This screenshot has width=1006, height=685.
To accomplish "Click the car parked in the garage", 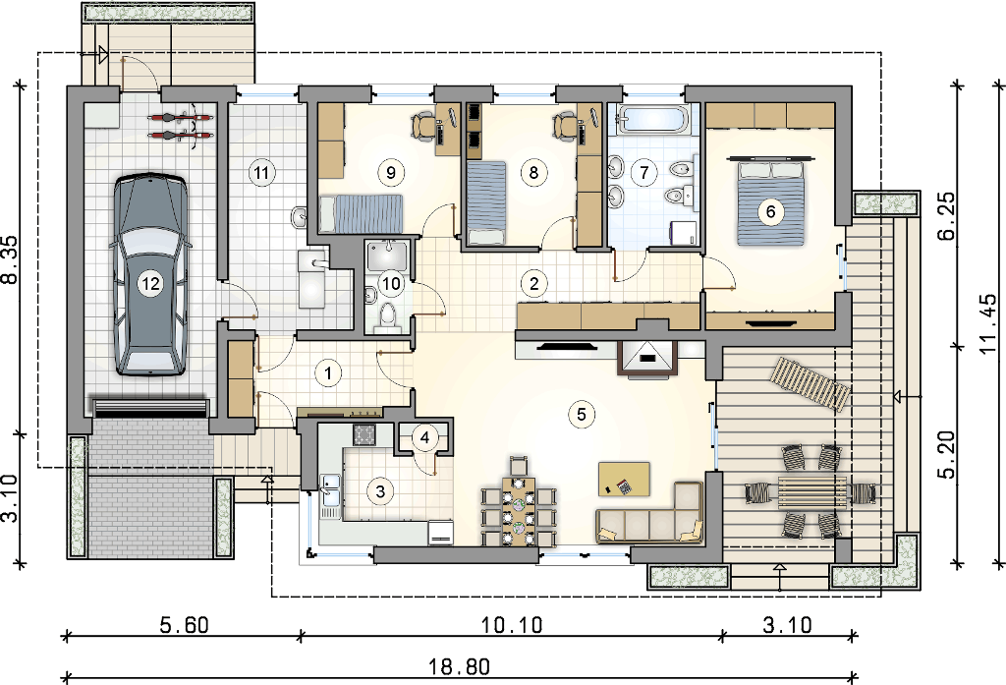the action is [150, 276].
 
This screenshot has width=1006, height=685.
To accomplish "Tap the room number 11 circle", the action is [260, 172].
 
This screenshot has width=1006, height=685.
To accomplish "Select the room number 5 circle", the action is [582, 414].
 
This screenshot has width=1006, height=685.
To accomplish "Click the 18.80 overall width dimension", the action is [460, 667].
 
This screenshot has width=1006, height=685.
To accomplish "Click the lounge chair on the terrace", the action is [810, 383].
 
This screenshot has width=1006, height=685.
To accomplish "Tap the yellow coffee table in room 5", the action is [624, 479].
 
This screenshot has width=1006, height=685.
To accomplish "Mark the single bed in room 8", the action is [486, 203].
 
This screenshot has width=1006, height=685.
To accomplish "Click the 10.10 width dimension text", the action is [511, 624].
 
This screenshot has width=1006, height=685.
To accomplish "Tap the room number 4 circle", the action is [424, 438].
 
